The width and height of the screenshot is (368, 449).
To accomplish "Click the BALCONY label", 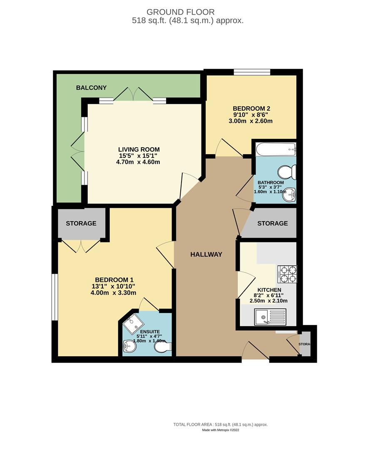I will tap(91, 88).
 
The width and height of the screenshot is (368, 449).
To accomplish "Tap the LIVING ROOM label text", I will tap(139, 150).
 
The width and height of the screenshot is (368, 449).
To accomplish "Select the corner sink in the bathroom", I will tap(289, 194).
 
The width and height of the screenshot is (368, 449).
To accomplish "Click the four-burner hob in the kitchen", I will tap(287, 274).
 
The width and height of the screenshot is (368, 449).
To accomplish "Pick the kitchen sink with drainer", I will tap(270, 318).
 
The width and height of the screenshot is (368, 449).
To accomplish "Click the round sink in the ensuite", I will tap(130, 345).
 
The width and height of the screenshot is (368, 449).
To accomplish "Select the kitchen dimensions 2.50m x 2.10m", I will tap(269, 301).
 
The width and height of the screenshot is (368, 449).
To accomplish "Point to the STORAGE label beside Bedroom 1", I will tap(81, 223).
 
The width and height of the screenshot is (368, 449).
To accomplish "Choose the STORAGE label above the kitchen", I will tap(272, 223).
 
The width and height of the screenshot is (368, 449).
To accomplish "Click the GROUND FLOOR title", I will tap(181, 12).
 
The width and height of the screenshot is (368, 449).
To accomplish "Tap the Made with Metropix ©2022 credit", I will tap(221, 430).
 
